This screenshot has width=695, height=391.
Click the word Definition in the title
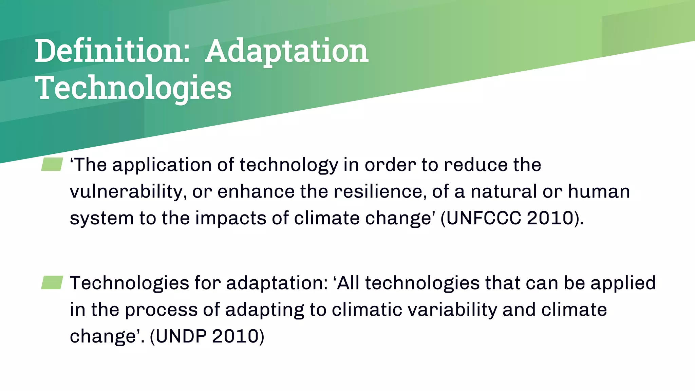112,51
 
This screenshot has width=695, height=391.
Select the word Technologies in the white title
133,88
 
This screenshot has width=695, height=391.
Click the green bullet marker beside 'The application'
52,164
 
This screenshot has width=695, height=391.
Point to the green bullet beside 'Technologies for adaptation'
52,282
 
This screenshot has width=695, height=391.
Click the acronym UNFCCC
483,218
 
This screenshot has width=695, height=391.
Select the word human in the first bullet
599,191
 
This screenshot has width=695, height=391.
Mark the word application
162,165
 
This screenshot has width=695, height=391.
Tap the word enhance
256,191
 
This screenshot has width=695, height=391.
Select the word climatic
367,310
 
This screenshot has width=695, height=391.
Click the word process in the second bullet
161,310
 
